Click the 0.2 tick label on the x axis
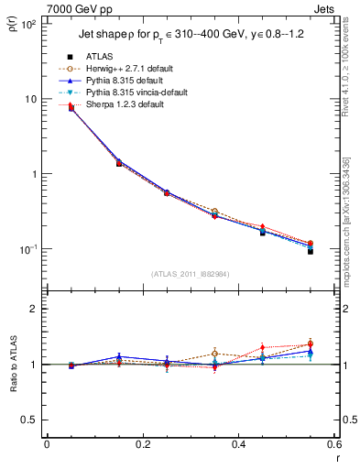(x=142, y=444)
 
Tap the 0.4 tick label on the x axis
(x=238, y=444)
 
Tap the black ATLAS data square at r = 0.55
(x=310, y=250)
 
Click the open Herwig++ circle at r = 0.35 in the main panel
(x=214, y=212)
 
